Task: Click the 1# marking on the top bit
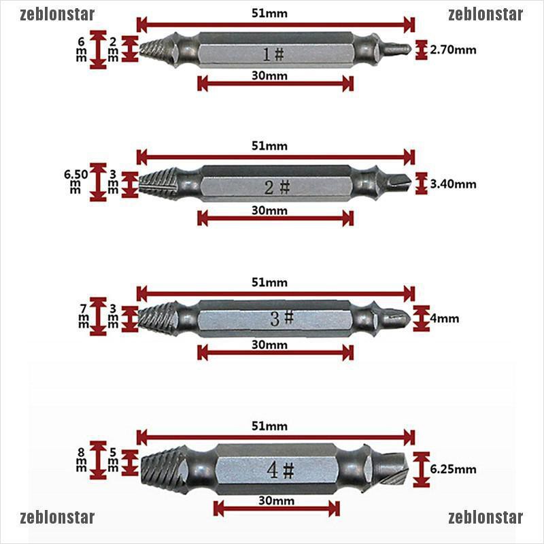tap(275, 53)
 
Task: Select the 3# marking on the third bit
tap(281, 318)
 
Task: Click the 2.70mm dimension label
tap(454, 50)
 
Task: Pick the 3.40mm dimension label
tap(454, 184)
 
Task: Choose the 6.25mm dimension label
tap(454, 469)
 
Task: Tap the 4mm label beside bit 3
tap(446, 318)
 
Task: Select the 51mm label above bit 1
tap(269, 12)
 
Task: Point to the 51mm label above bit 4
tap(269, 426)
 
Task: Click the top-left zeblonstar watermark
tap(58, 14)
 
